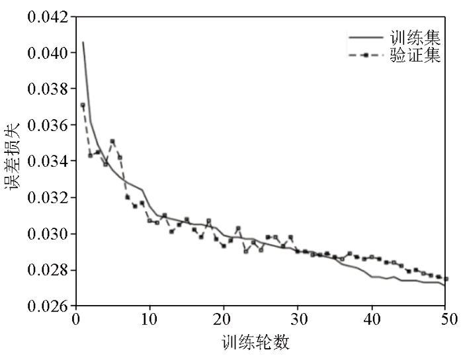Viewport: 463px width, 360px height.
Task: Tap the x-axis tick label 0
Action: [76, 319]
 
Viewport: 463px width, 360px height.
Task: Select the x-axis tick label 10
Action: [149, 319]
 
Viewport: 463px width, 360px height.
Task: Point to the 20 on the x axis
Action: [224, 319]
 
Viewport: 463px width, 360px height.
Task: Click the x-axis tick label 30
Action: [298, 319]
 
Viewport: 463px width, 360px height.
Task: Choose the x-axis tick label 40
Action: [372, 319]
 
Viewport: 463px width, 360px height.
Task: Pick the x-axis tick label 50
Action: [445, 319]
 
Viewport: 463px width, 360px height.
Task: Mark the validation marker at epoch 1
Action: [83, 105]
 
